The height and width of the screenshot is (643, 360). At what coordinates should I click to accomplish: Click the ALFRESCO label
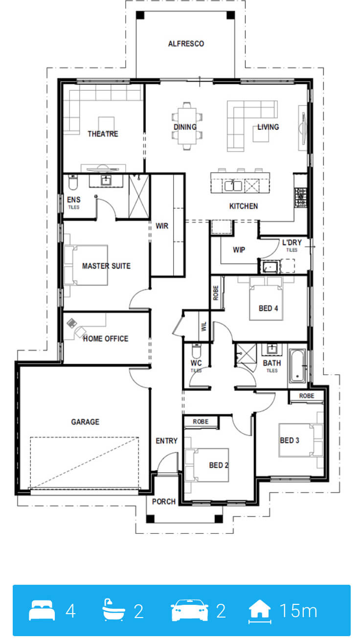186,44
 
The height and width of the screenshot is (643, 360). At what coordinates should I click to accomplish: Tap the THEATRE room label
103,134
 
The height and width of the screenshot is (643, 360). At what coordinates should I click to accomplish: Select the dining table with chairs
187,126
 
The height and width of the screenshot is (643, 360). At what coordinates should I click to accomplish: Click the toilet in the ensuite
73,183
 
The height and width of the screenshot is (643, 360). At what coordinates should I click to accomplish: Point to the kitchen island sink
233,185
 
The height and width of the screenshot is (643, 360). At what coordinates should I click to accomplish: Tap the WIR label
162,226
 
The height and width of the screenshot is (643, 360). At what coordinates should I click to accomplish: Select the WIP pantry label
239,250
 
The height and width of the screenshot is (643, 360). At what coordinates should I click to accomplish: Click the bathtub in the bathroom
297,366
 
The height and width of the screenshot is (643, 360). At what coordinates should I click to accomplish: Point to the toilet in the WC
197,350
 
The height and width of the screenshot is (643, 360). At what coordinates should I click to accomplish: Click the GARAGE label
85,422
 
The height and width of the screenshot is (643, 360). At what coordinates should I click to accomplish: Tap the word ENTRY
166,440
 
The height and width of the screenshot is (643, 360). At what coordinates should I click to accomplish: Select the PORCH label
163,502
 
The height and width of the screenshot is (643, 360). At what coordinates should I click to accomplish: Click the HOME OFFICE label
106,339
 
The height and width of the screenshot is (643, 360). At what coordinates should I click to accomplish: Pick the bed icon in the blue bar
42,610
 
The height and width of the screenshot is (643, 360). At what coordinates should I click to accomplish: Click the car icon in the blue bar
190,610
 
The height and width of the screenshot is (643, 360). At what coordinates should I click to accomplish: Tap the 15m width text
298,611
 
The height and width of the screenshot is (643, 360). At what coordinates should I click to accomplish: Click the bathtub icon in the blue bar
113,610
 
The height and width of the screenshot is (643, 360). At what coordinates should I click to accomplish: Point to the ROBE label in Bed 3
307,396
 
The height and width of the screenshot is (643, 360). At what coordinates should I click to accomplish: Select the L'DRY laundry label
292,243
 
